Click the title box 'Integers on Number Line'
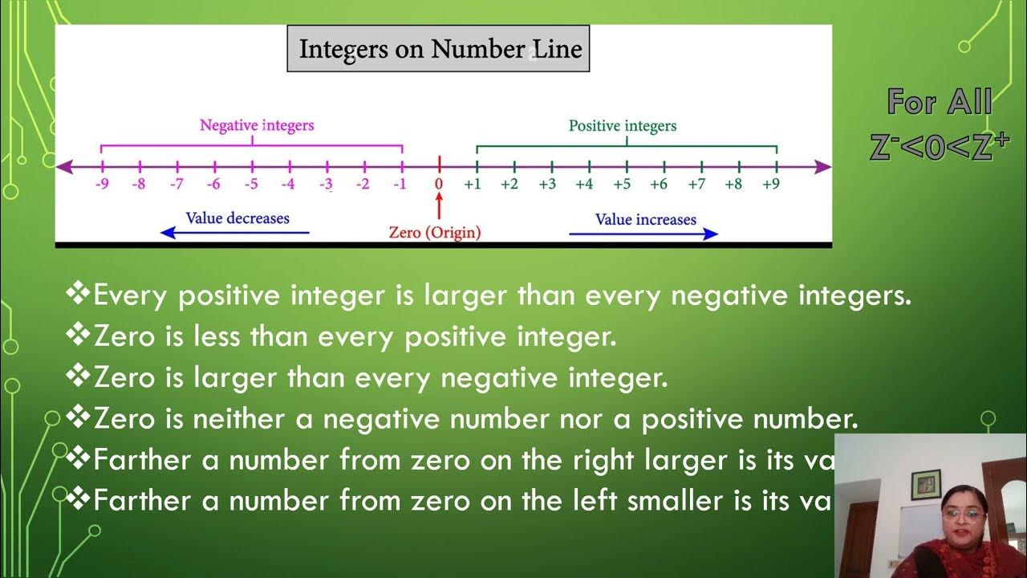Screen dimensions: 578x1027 438,49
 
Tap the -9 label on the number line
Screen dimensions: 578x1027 101,185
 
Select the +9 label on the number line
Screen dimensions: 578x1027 770,185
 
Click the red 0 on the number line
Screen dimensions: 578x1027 439,185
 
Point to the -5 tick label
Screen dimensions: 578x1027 251,185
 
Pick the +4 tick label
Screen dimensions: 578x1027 584,185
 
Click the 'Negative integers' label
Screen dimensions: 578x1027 257,125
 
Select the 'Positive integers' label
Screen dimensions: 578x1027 623,126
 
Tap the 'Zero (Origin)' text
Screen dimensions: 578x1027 435,233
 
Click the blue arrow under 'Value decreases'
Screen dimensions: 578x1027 234,233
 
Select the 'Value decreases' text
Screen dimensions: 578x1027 237,218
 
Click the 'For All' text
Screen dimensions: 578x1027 940,103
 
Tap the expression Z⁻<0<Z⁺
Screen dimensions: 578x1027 940,147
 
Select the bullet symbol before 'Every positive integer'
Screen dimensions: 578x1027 78,295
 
